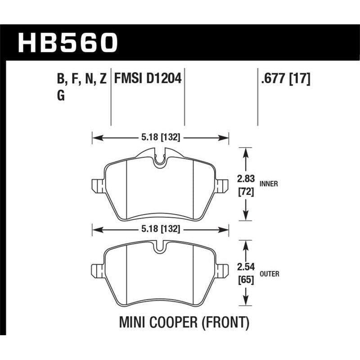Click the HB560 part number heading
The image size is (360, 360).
point(67,43)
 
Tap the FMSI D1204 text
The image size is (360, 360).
point(148,79)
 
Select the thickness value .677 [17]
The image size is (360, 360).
point(284,79)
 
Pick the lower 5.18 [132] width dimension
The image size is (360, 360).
point(161,229)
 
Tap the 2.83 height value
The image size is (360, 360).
point(246,179)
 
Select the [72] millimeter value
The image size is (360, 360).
point(246,192)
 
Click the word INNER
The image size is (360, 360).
point(269,184)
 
